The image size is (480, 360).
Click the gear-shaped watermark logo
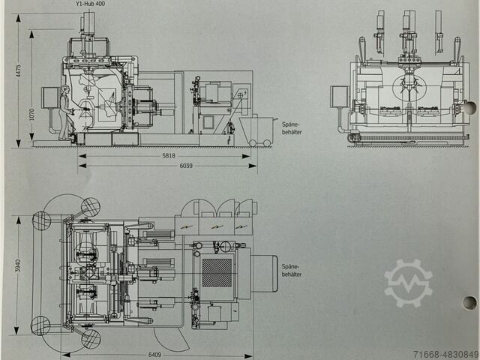click(x=409, y=283)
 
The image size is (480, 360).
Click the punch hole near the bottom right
click(x=469, y=302)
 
